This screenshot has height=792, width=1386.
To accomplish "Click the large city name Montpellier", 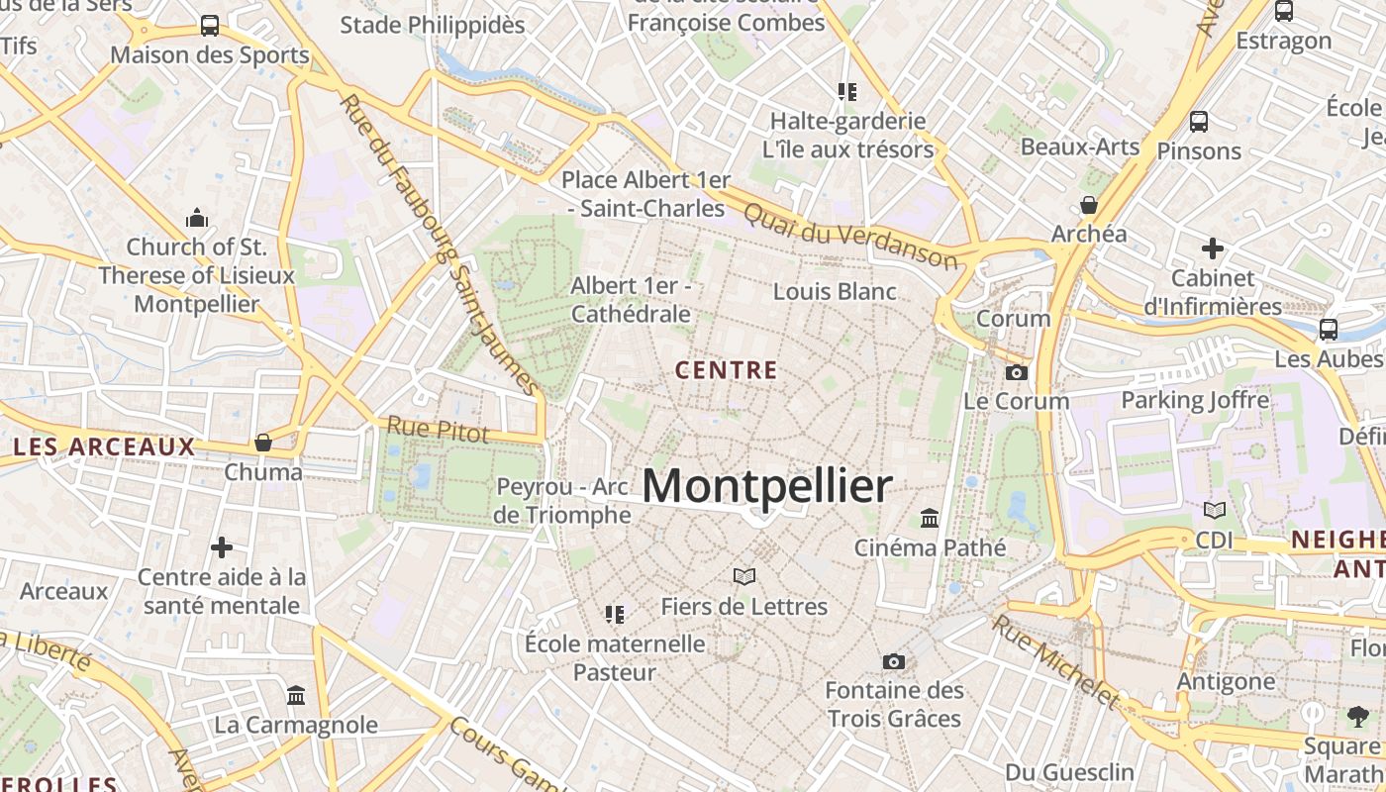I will (767, 486).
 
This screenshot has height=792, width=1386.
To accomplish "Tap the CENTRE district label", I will (727, 370).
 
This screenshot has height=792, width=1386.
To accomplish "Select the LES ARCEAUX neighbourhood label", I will (105, 447).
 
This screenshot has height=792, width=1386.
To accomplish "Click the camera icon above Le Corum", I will (1016, 373).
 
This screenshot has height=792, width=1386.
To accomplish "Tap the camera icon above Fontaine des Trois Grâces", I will (893, 661).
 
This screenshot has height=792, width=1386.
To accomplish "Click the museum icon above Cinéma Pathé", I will (930, 518).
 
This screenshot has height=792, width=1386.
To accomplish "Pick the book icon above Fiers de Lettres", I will (744, 576).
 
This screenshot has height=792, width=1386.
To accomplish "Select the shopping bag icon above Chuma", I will (263, 443).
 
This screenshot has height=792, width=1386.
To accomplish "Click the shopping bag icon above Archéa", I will (1089, 205).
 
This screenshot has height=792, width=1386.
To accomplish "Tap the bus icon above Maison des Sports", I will (210, 26).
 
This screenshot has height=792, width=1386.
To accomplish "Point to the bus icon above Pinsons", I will (1199, 122).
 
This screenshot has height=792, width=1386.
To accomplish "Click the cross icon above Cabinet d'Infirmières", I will (1213, 248).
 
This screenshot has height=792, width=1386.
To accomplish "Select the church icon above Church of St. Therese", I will (196, 217).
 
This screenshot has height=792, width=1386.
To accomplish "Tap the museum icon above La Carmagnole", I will (296, 695).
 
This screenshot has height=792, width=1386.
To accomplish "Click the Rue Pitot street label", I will (438, 430).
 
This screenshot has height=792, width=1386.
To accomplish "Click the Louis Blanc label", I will (835, 292).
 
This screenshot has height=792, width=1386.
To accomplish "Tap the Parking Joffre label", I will (1194, 400).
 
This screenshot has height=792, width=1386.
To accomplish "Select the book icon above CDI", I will (1215, 511).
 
